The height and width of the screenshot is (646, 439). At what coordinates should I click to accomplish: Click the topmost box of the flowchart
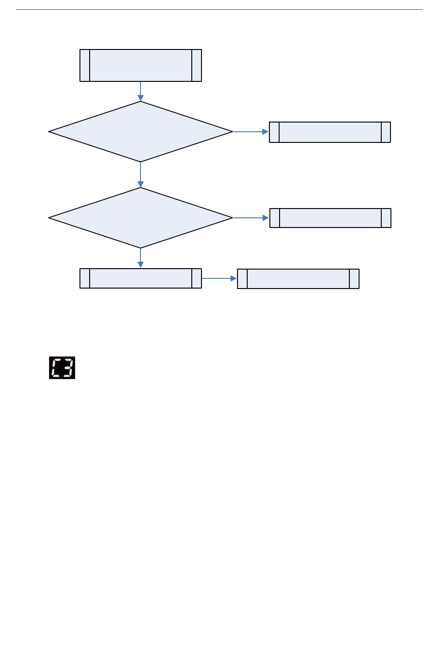click(140, 66)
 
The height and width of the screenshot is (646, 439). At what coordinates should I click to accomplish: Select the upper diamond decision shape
click(140, 132)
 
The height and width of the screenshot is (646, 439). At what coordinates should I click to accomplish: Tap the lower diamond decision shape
click(140, 218)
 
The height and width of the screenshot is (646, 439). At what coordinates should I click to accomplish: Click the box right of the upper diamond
click(330, 132)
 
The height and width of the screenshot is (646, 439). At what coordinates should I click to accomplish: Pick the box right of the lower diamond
click(330, 218)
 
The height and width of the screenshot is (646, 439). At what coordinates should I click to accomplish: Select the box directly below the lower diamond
click(140, 278)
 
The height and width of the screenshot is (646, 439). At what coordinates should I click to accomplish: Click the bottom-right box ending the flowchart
click(298, 279)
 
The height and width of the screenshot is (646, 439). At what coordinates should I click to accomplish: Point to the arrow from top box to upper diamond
click(140, 92)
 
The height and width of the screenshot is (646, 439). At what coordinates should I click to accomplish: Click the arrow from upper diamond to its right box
click(250, 132)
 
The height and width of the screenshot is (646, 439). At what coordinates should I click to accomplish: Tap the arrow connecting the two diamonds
click(140, 175)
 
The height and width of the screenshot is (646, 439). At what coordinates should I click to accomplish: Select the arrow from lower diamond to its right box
click(251, 218)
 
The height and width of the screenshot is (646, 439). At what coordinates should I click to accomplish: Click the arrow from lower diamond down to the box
click(140, 258)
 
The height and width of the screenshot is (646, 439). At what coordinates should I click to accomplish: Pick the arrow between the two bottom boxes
click(219, 278)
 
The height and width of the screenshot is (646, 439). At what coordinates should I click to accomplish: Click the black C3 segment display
click(62, 368)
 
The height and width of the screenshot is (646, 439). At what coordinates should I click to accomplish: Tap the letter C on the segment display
click(56, 368)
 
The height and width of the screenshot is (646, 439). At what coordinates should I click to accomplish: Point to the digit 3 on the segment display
click(68, 368)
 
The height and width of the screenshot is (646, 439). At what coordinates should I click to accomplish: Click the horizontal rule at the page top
click(219, 9)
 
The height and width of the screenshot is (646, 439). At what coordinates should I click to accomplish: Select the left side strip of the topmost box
click(85, 66)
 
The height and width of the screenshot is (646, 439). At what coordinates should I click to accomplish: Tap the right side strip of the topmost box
click(196, 66)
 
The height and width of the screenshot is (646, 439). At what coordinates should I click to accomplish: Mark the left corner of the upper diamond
click(50, 132)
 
